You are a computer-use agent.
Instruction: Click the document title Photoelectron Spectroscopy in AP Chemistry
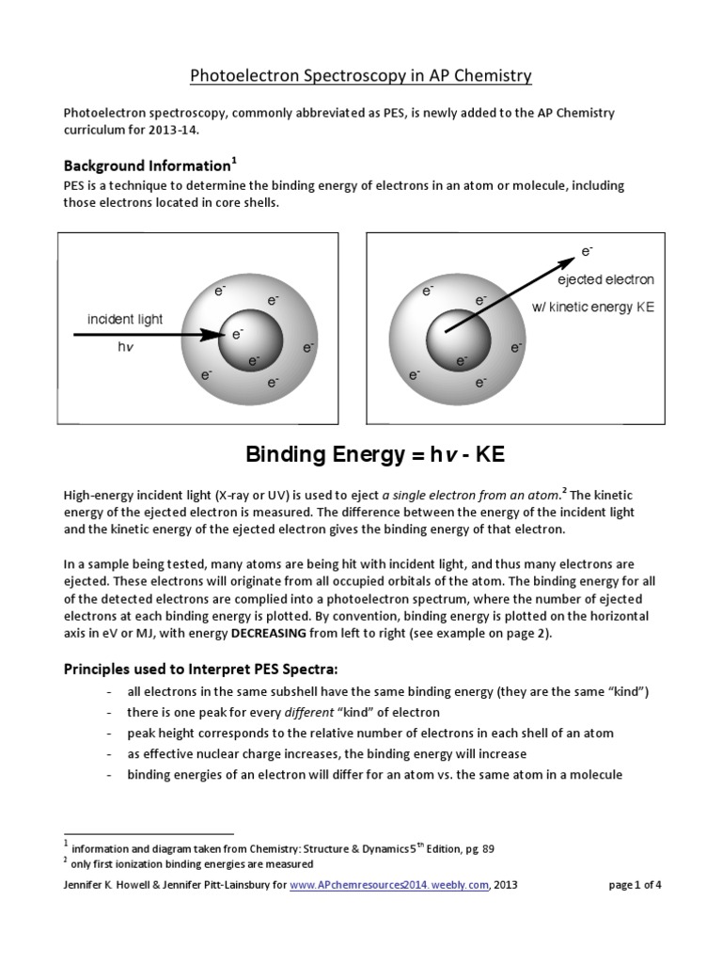tap(361, 75)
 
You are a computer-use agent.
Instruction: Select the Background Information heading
tap(147, 166)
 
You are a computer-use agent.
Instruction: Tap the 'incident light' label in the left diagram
tap(125, 319)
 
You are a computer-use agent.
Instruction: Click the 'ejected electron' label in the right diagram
tap(605, 279)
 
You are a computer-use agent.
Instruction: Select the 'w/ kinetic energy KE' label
tap(605, 307)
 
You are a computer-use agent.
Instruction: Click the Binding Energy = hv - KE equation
tap(375, 456)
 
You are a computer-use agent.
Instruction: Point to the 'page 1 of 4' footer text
tap(636, 885)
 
